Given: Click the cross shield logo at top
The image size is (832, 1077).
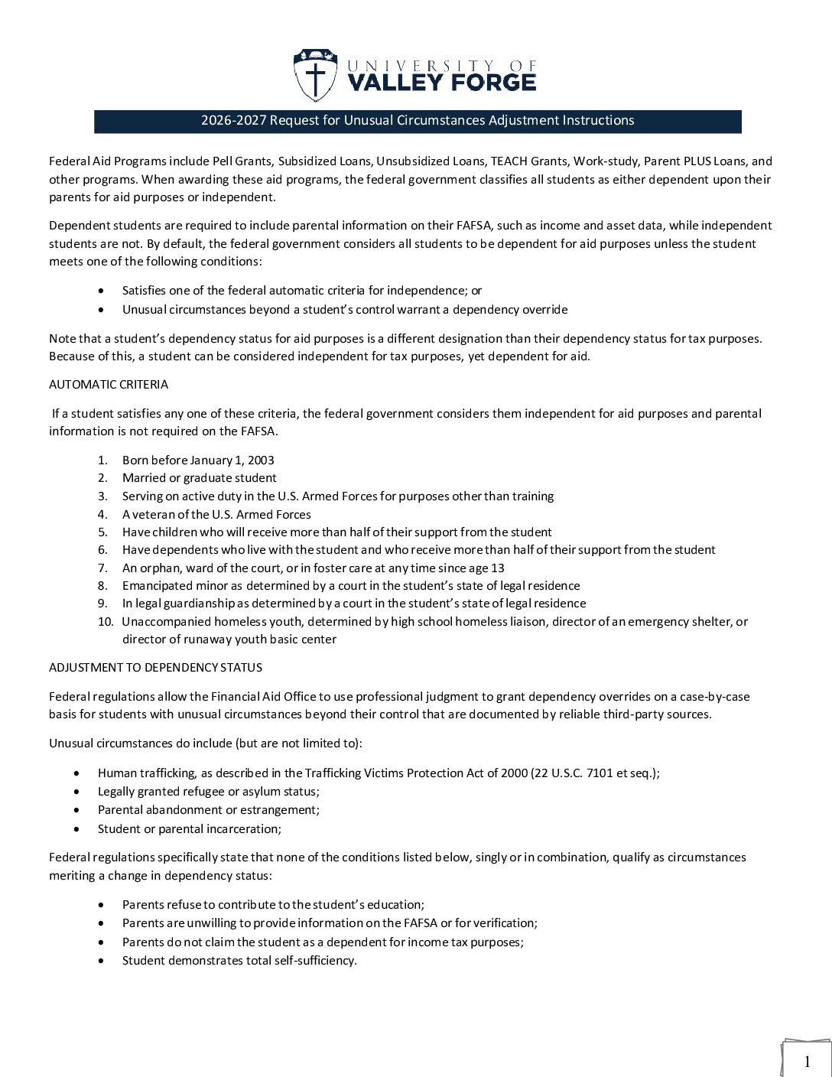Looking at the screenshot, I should (314, 75).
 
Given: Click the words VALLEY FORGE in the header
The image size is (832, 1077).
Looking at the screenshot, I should (442, 82).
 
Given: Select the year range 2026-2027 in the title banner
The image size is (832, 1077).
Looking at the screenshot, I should (233, 120).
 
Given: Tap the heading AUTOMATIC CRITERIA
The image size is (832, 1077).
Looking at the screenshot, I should (109, 384).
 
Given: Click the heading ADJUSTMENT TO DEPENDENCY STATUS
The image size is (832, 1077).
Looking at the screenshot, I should (155, 667).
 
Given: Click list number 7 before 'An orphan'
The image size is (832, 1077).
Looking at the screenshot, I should (102, 568).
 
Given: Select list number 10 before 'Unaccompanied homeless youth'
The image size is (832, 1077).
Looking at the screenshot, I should (105, 621).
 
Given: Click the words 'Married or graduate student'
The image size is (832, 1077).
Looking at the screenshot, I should (199, 478).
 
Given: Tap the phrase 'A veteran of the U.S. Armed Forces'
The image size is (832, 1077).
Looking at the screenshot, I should (216, 514).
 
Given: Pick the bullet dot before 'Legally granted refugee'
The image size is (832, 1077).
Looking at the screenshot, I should (79, 792).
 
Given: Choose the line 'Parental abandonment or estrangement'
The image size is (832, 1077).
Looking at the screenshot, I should (208, 809).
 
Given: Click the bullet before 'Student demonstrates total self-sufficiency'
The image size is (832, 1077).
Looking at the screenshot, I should (103, 961).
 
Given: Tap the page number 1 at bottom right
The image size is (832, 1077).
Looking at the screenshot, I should (807, 1061).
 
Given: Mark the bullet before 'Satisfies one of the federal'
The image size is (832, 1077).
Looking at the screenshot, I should (103, 291).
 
